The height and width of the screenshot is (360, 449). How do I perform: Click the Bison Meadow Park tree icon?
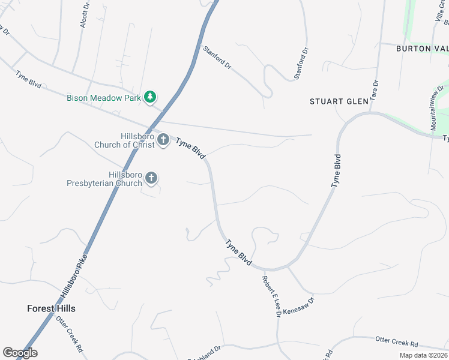pyautogui.click(x=151, y=97)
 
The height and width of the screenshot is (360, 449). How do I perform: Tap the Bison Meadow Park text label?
pyautogui.click(x=103, y=97)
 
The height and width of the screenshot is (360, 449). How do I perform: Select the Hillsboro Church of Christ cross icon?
pyautogui.click(x=163, y=140)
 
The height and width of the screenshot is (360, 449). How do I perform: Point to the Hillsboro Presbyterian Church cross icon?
pyautogui.click(x=151, y=178)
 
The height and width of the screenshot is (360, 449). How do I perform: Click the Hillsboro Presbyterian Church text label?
pyautogui.click(x=104, y=179)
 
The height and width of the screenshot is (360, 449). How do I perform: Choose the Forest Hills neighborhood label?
pyautogui.click(x=51, y=308)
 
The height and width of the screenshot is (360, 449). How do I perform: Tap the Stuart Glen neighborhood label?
pyautogui.click(x=339, y=101)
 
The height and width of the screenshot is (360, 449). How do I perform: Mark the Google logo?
pyautogui.click(x=20, y=353)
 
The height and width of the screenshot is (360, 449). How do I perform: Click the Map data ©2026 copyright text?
pyautogui.click(x=423, y=355)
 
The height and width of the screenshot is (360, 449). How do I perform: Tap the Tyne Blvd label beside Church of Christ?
pyautogui.click(x=191, y=147)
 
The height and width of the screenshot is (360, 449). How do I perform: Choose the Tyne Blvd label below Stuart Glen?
pyautogui.click(x=337, y=171)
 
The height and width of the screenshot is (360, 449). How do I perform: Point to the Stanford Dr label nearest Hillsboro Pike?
pyautogui.click(x=217, y=58)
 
